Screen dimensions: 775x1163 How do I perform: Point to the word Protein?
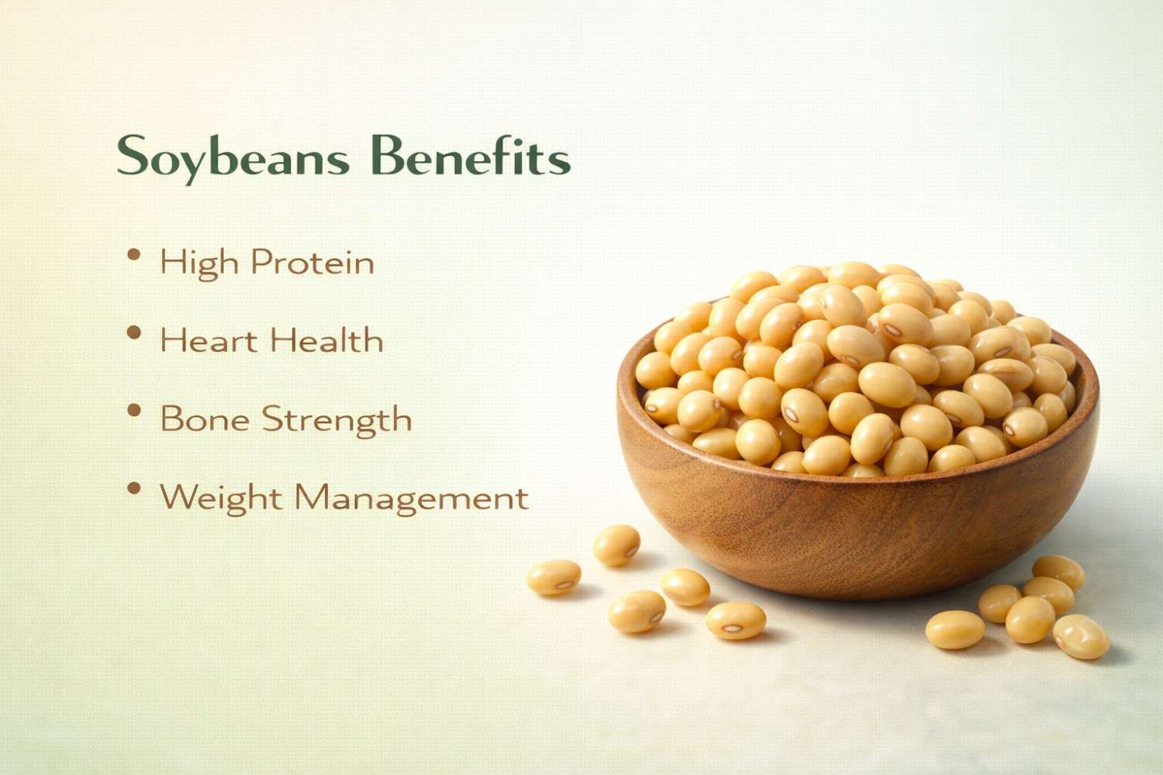[x=312, y=263]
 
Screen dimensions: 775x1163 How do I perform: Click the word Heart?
[x=209, y=341]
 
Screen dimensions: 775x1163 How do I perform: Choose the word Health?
[x=326, y=341]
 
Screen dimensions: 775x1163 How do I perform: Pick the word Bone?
[x=205, y=419]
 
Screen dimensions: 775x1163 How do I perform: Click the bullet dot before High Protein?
[x=134, y=254]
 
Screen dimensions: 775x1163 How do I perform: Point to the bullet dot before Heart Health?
[x=134, y=332]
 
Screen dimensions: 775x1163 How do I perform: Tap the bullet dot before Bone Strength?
[x=134, y=411]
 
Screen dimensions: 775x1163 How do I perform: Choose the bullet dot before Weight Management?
[x=134, y=488]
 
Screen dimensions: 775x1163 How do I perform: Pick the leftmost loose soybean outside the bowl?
[x=554, y=577]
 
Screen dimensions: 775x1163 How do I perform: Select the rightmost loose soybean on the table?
[x=1081, y=636]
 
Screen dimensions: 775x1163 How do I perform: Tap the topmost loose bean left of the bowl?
[x=616, y=545]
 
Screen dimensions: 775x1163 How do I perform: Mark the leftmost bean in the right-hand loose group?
[x=955, y=629]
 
